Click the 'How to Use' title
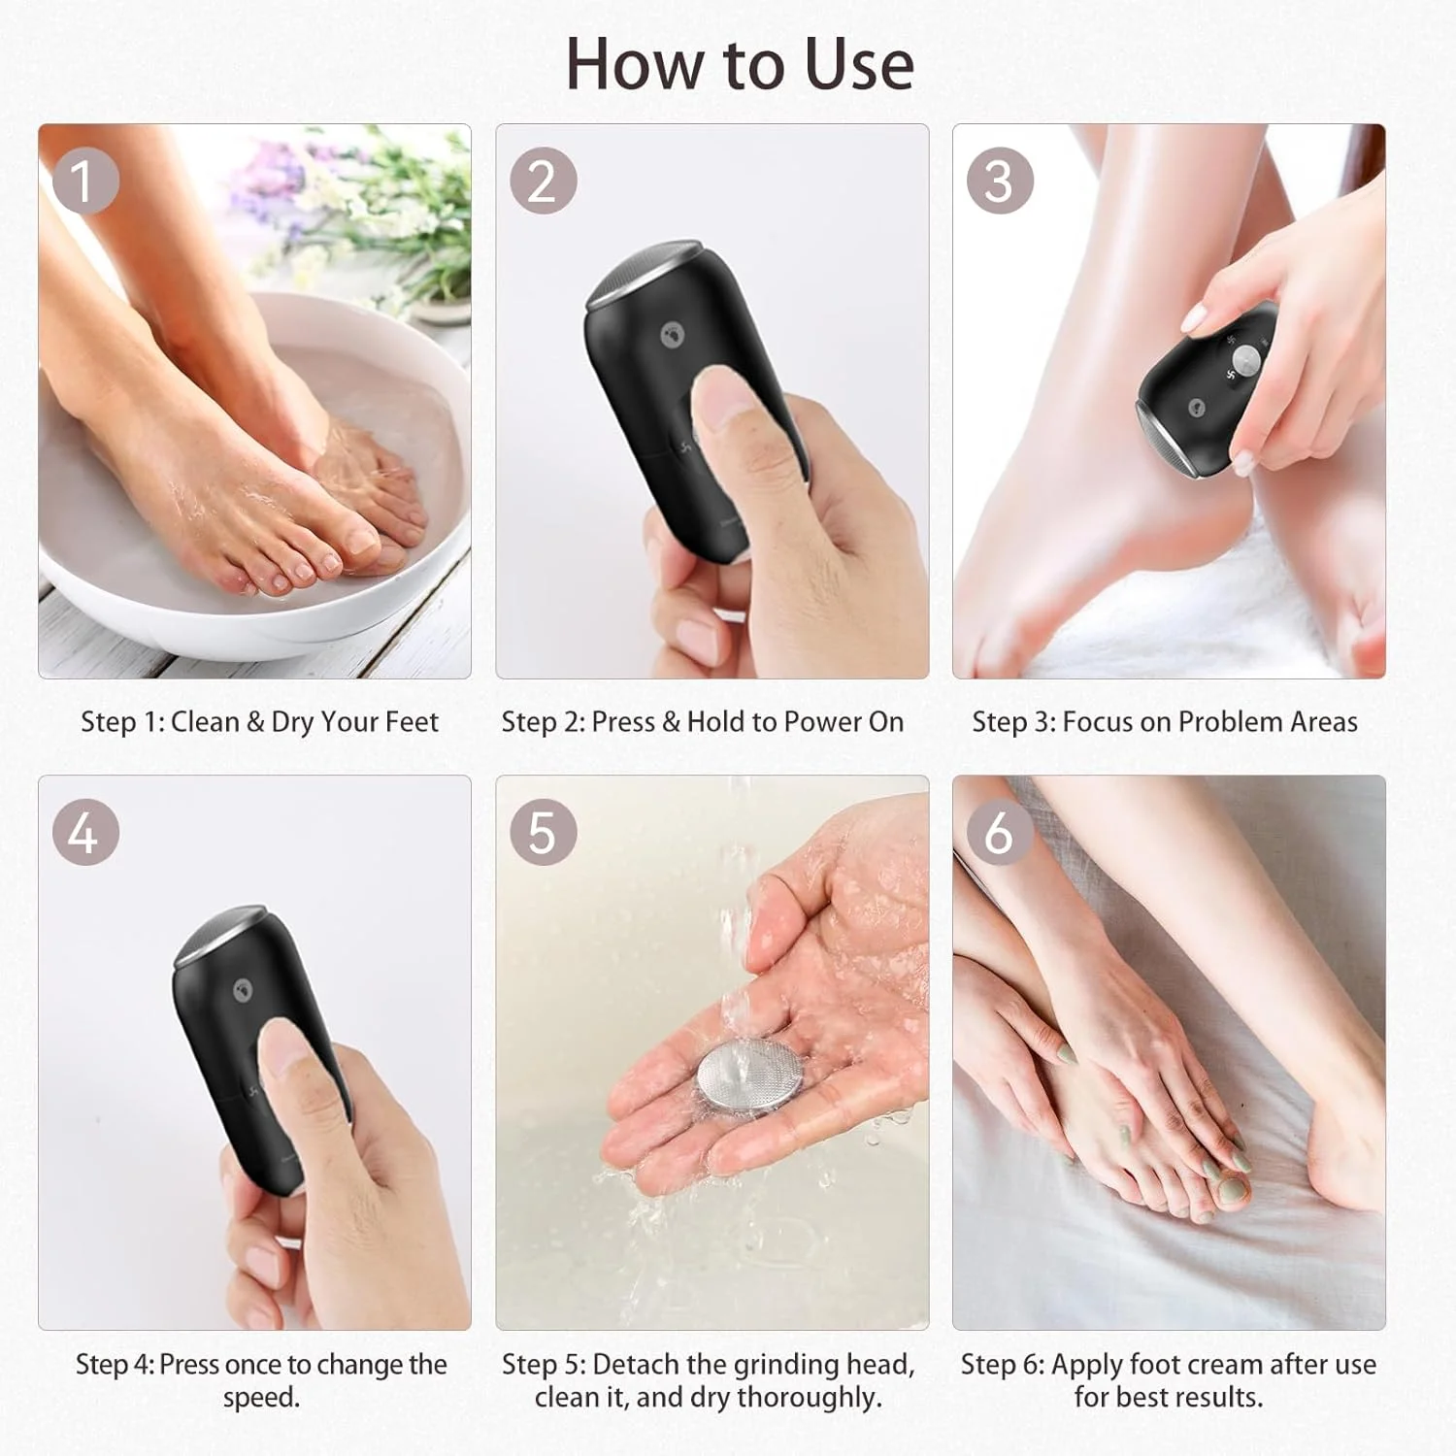[x=740, y=64]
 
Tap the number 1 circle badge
[x=85, y=181]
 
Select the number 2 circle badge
[x=543, y=181]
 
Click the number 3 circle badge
[x=999, y=181]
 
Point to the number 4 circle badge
[x=85, y=833]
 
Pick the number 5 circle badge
[x=543, y=833]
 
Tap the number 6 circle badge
[x=999, y=833]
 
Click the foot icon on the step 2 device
[x=672, y=336]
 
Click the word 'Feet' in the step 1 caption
[x=412, y=722]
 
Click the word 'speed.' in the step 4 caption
[x=261, y=1398]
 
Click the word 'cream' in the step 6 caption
[x=1228, y=1365]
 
